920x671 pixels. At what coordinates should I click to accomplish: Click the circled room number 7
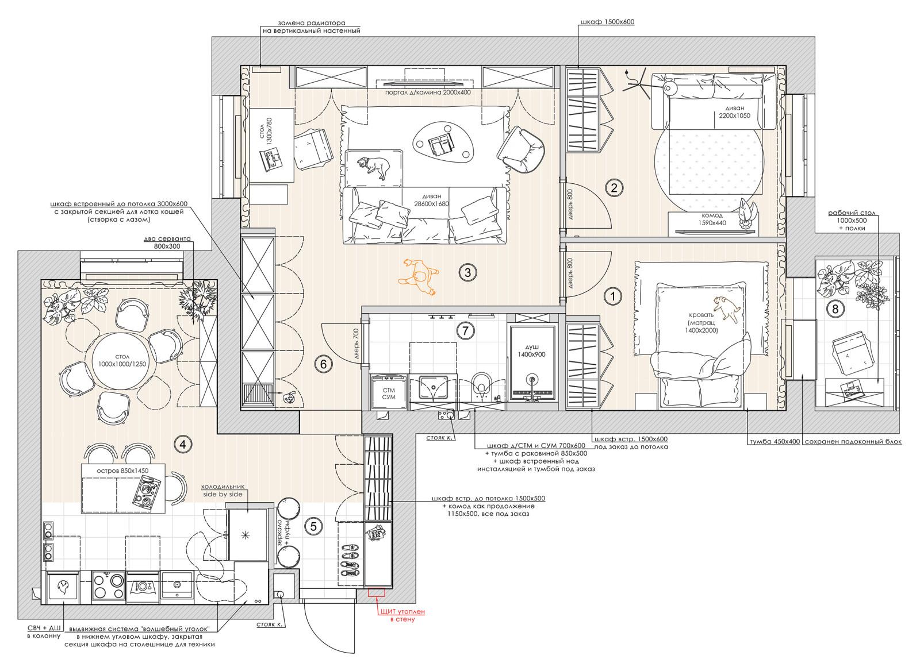(465, 330)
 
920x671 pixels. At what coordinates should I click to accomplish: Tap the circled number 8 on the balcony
(834, 308)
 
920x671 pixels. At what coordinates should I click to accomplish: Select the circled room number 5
(313, 527)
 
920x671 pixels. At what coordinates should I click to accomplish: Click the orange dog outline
(419, 276)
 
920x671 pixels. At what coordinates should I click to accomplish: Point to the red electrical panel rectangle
(376, 592)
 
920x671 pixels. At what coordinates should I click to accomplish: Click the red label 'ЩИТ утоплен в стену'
(402, 615)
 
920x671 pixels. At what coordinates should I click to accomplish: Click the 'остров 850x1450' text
(122, 471)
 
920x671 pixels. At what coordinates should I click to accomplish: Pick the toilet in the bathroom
(481, 386)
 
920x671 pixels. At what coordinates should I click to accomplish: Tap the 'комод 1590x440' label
(712, 219)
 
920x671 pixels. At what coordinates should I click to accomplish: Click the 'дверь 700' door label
(356, 344)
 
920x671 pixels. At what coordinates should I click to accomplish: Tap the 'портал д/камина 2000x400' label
(428, 92)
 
